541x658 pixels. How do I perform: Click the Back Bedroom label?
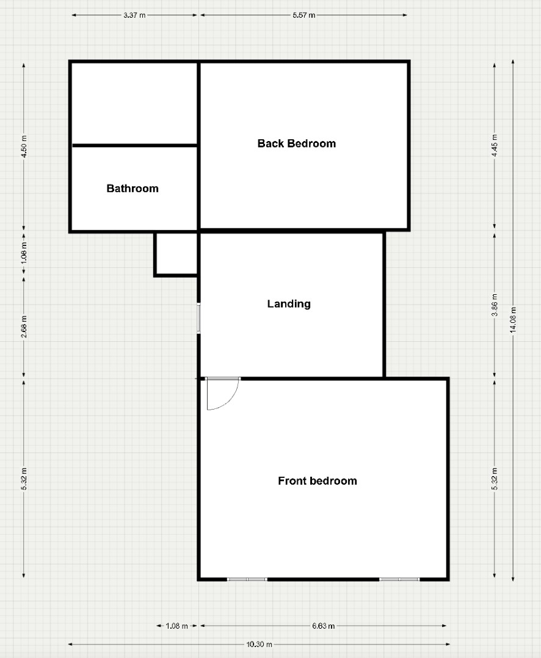point(296,143)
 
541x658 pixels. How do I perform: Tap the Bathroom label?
point(133,189)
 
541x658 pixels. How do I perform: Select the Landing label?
point(289,304)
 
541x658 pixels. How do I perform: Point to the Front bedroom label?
point(318,481)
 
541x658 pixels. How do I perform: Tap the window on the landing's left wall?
point(199,318)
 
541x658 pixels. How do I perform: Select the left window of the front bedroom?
point(247,579)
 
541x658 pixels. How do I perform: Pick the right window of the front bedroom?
point(399,579)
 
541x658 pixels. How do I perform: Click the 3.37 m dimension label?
point(134,15)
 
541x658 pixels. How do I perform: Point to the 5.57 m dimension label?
point(304,15)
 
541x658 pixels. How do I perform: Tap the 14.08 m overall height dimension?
point(513,320)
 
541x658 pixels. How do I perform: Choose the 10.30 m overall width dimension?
point(259,644)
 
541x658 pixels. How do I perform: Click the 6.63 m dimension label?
point(323,626)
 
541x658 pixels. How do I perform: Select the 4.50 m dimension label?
point(24,146)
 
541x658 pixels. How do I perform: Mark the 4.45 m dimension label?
point(495,146)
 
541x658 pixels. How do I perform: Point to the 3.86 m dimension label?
point(495,305)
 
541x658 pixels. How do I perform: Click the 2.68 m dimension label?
point(24,327)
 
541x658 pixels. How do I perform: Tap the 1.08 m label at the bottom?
point(176,626)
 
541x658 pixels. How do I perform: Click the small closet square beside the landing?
point(176,254)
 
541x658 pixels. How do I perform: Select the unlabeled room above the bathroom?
point(134,104)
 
